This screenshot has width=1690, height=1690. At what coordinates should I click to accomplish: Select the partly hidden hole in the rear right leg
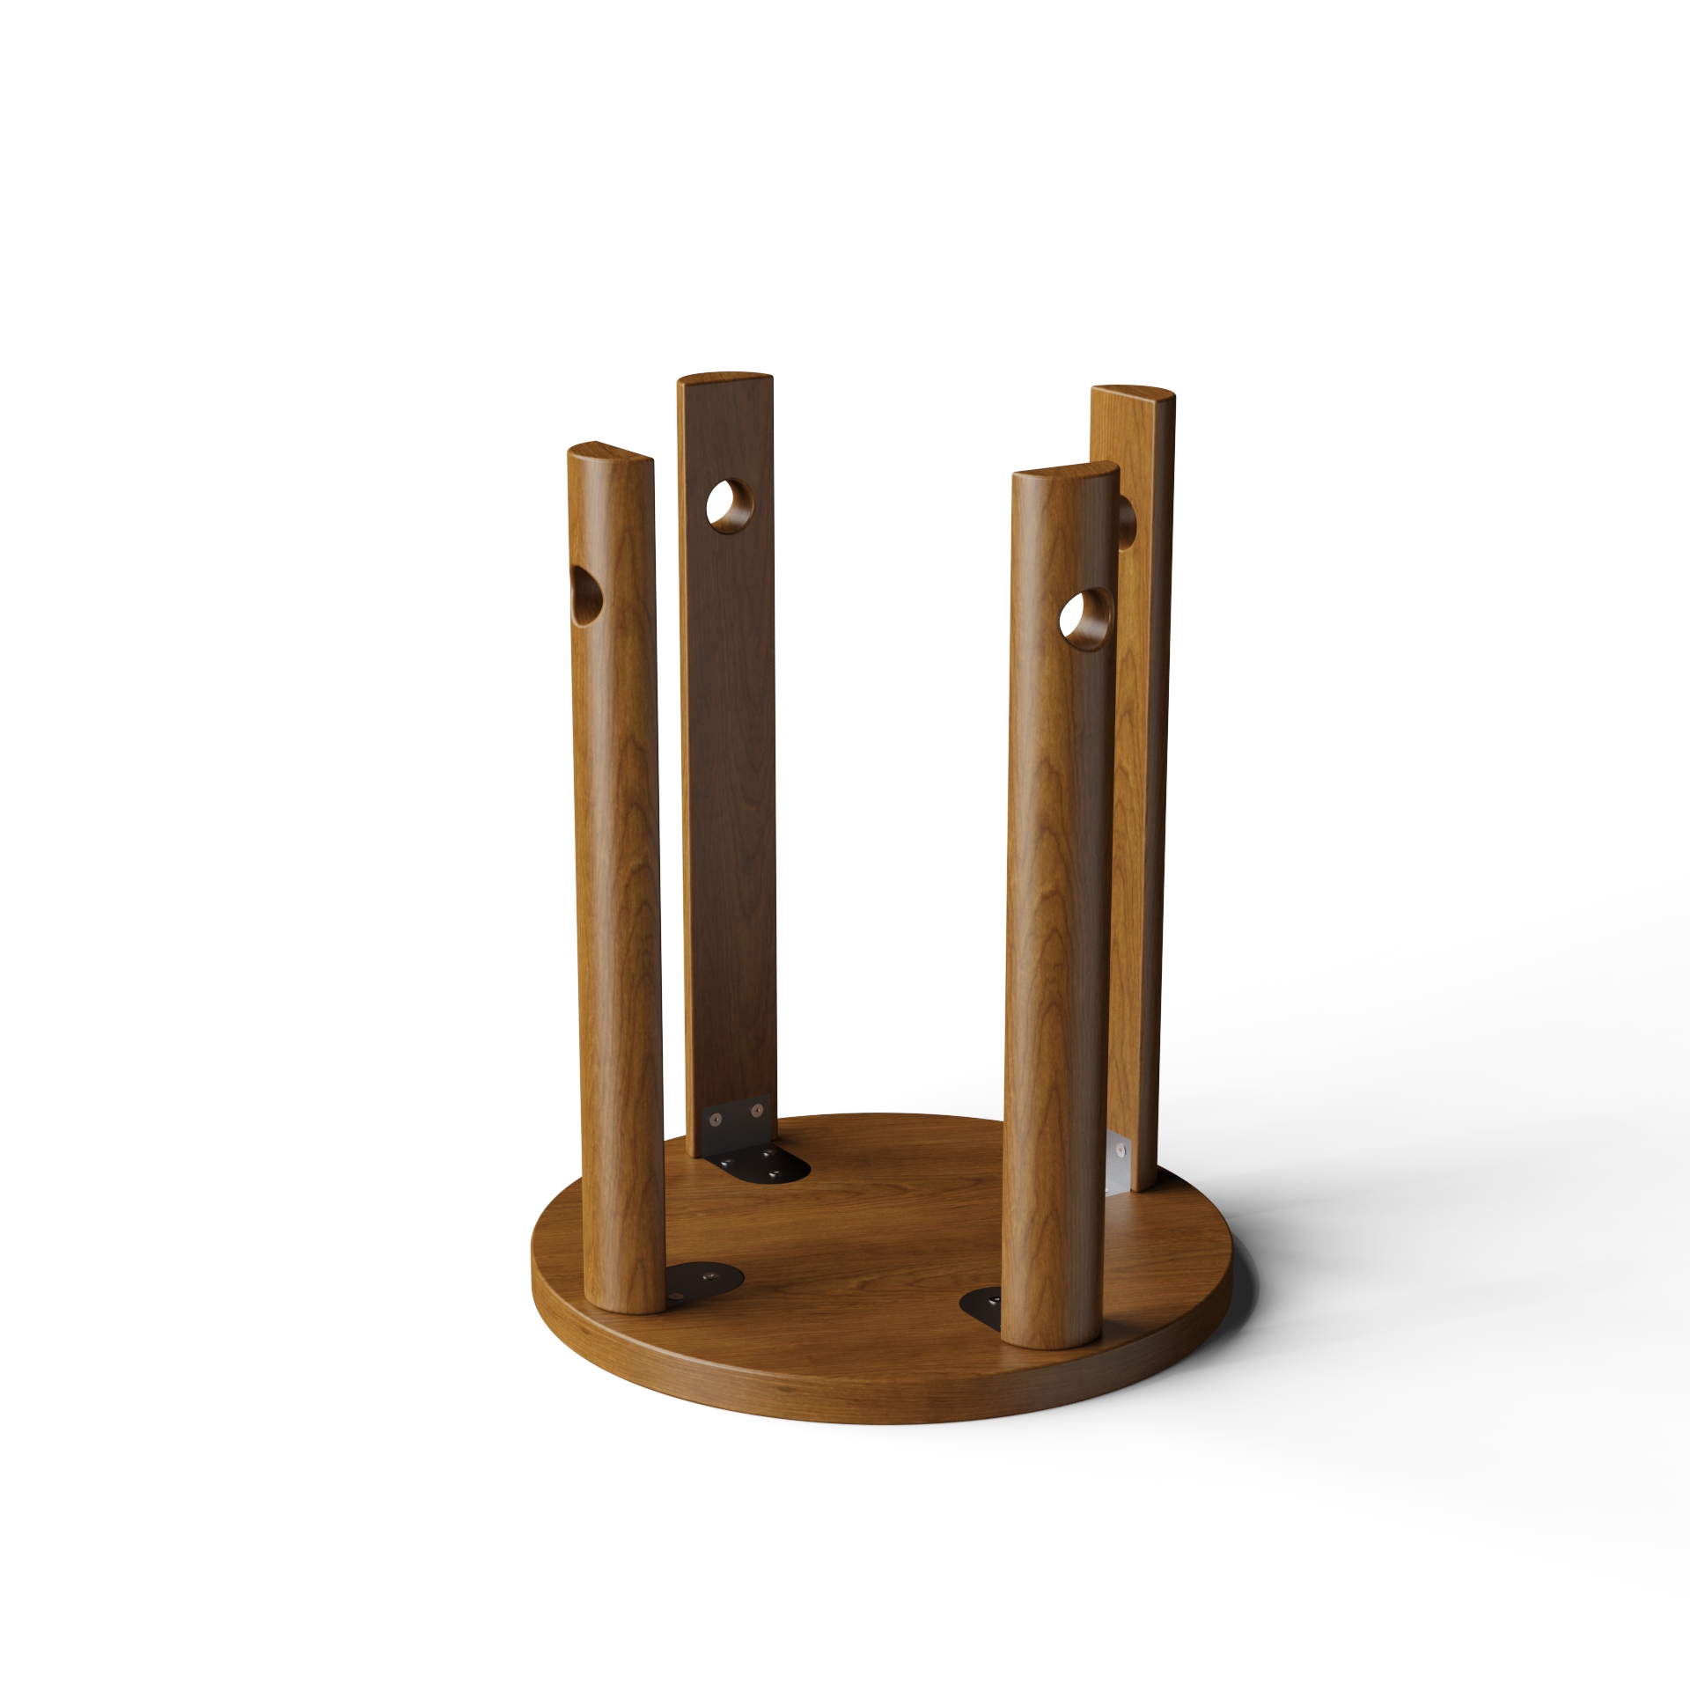tap(1127, 522)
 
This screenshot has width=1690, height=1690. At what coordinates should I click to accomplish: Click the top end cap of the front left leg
tap(610, 452)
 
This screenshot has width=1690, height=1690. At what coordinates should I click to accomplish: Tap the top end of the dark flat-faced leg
tap(724, 378)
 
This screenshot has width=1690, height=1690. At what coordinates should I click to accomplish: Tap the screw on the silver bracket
tap(1120, 1150)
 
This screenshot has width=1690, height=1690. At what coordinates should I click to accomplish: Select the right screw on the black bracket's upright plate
tap(753, 1113)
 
